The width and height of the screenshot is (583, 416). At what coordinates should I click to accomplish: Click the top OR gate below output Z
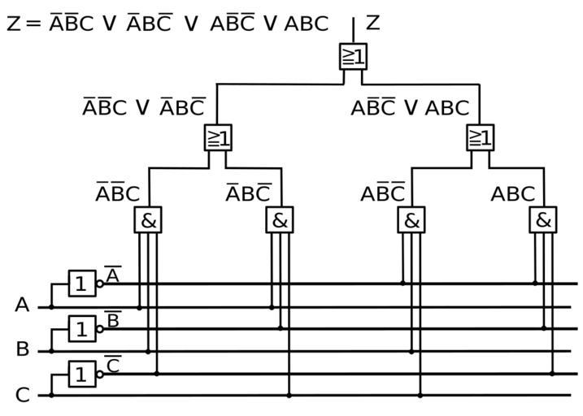click(x=353, y=56)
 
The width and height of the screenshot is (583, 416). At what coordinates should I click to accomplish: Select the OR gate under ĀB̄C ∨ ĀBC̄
click(x=218, y=137)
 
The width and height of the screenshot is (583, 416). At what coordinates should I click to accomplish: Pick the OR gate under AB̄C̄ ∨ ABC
click(x=480, y=137)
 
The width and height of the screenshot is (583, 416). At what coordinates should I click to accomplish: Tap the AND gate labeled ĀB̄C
click(x=148, y=219)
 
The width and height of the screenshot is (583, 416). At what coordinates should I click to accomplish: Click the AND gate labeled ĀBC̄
click(x=280, y=219)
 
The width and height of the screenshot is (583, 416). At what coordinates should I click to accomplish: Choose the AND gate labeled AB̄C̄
click(x=411, y=219)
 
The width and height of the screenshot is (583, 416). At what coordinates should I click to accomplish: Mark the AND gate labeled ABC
click(x=543, y=219)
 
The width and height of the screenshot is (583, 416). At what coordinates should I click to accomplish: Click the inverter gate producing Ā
click(x=82, y=284)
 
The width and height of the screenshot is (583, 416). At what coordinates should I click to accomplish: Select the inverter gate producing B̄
click(x=82, y=329)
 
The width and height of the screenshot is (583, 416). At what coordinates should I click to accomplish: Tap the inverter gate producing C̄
click(x=82, y=375)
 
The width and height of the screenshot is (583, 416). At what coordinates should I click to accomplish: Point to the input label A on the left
click(x=22, y=305)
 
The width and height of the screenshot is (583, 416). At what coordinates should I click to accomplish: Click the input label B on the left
click(x=22, y=350)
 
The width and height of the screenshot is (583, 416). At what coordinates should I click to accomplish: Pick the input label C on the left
click(x=22, y=396)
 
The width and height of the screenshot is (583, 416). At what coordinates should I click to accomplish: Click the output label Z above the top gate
click(x=372, y=23)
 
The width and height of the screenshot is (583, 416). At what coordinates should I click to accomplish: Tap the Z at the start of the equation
click(x=13, y=24)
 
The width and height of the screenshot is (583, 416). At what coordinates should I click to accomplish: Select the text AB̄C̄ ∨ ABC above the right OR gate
click(x=410, y=107)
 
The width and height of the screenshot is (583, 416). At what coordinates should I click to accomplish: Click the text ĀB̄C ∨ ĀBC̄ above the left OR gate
click(x=144, y=107)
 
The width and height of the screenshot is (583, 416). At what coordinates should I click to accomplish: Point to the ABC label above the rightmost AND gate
click(x=512, y=194)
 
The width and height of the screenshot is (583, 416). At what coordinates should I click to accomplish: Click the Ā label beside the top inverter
click(x=113, y=275)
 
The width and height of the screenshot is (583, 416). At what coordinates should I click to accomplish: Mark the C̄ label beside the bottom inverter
click(x=113, y=366)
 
